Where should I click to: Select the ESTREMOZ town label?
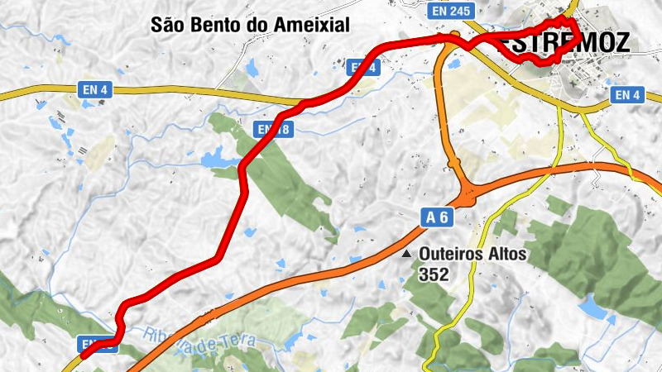coord(571,43)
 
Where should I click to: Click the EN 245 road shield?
coord(450,11)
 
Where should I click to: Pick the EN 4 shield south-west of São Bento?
coord(95,88)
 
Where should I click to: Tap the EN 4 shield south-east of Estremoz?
coord(627,95)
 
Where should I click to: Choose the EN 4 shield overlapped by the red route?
coord(362,68)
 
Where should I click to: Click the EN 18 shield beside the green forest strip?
coord(273,129)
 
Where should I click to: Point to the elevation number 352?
coord(434,274)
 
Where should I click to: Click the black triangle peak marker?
coord(406,255)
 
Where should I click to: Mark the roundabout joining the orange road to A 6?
coord(469,198)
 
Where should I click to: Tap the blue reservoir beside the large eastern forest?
coord(592,308)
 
